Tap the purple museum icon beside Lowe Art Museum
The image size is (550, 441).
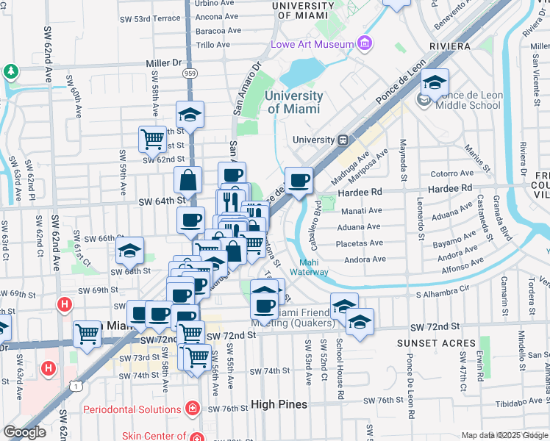click(364, 44)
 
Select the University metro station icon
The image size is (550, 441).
click(343, 140)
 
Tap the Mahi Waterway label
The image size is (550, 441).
click(313, 268)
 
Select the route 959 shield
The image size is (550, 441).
click(190, 73)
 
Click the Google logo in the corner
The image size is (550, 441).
click(24, 432)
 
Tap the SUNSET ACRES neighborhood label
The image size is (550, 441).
click(428, 343)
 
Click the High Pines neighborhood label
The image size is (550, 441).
click(279, 404)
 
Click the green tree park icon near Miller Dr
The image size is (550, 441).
click(10, 71)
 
